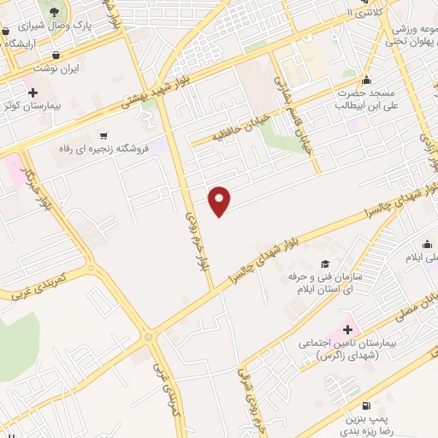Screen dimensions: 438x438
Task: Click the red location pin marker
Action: coord(220,200)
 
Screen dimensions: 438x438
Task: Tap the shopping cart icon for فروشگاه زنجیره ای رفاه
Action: coord(104,135)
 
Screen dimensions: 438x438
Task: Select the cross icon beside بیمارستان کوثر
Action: coord(33,92)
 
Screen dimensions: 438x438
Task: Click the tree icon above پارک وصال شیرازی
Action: coord(56,12)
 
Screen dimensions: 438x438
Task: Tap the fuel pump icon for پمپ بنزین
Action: coord(366,405)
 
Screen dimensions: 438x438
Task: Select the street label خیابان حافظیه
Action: coord(228,125)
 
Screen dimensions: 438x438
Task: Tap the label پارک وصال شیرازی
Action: coord(82,27)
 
